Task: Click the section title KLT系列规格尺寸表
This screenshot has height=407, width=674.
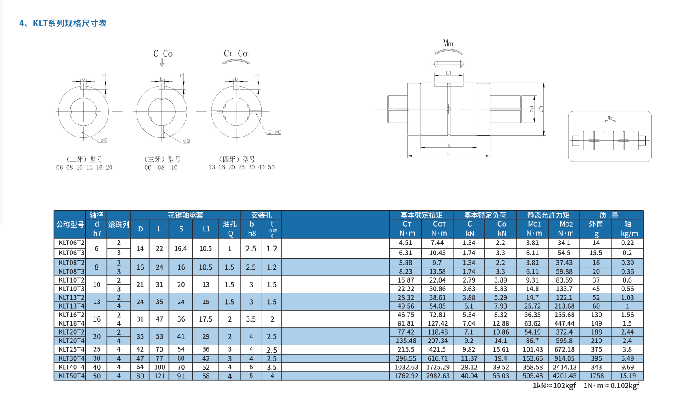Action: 63,23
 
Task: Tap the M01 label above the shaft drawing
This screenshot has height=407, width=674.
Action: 448,43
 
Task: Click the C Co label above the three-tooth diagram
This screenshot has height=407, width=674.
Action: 163,54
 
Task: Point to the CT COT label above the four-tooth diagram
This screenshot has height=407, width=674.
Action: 237,54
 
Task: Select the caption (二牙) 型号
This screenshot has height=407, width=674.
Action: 84,160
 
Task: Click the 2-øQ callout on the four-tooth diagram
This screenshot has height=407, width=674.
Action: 274,132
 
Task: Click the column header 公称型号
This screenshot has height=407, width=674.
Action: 70,225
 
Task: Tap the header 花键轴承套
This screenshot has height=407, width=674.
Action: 185,215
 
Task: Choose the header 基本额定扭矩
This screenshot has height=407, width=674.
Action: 421,215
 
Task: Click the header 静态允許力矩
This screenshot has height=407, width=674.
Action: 548,215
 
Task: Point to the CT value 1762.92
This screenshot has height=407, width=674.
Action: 406,376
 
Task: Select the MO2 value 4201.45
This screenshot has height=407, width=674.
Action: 564,376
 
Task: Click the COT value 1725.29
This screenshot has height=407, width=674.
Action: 438,368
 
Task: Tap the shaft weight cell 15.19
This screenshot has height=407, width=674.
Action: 627,376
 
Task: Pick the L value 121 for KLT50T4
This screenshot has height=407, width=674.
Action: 160,376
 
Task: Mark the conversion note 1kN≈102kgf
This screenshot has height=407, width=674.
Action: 554,386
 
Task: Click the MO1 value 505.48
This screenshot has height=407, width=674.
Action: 533,376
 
